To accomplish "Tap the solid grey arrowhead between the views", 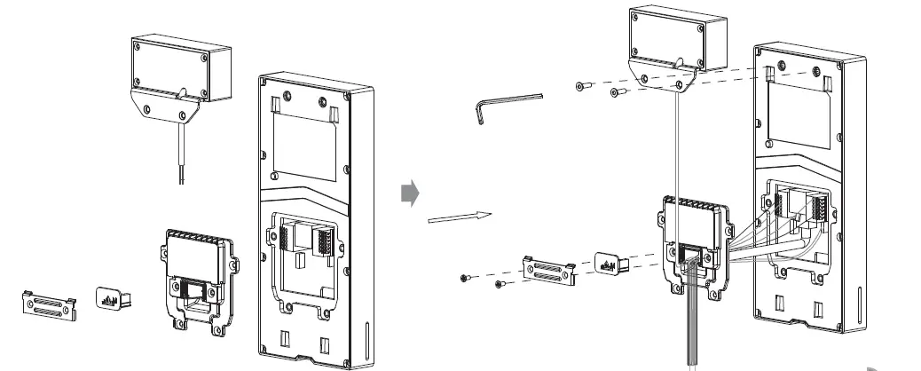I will coord(409,192).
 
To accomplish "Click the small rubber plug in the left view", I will coord(112,299).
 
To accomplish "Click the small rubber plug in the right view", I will coord(611,262).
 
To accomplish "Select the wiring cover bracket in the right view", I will coord(695,239).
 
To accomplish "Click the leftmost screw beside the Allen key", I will coord(582,85).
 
